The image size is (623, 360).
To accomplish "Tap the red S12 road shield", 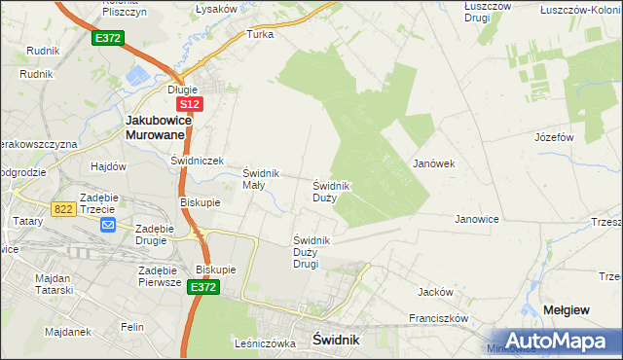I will coord(191,103).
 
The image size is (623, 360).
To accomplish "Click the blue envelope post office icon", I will coord(107,226).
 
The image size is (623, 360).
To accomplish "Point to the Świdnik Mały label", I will coord(261,179).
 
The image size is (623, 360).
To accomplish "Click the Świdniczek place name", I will coord(198,161).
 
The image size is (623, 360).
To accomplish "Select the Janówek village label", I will coord(435,163).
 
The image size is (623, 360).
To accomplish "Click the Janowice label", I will coord(477,219).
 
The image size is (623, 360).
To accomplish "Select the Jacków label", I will coord(435,291).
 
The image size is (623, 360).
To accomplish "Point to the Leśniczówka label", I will coord(264,343).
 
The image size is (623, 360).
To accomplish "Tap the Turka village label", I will coord(260,34).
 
